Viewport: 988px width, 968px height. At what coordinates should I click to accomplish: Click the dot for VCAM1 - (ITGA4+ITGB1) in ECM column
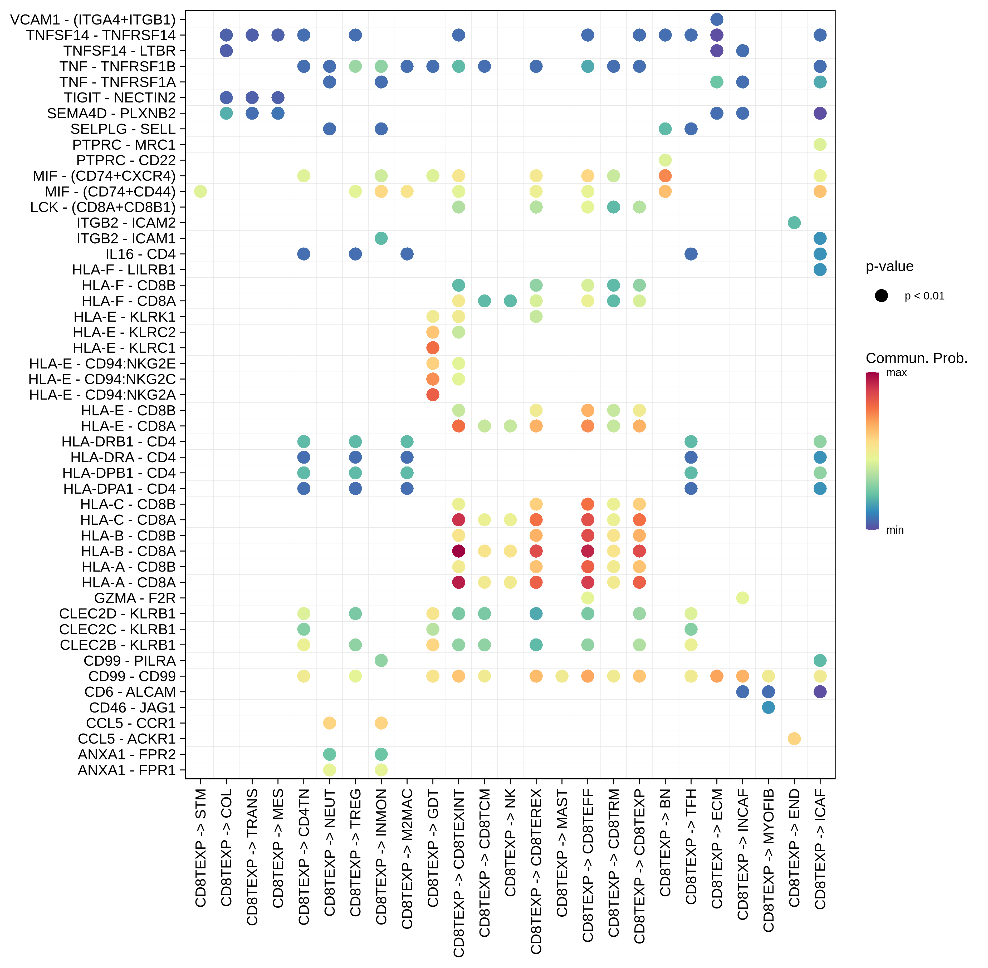click(716, 19)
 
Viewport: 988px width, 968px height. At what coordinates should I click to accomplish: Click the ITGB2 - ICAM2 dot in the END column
click(794, 223)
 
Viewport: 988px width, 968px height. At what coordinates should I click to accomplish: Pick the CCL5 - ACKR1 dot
click(794, 739)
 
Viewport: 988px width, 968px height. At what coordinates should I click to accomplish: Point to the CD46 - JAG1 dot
click(768, 707)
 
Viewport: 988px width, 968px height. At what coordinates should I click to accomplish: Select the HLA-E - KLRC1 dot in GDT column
click(433, 348)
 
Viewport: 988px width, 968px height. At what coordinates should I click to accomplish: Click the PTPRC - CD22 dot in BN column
click(665, 160)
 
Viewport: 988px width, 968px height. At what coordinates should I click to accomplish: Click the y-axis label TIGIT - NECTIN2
click(120, 98)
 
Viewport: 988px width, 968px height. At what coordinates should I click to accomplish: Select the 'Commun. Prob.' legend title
click(916, 358)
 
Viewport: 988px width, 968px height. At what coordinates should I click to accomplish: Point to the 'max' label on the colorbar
click(897, 373)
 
